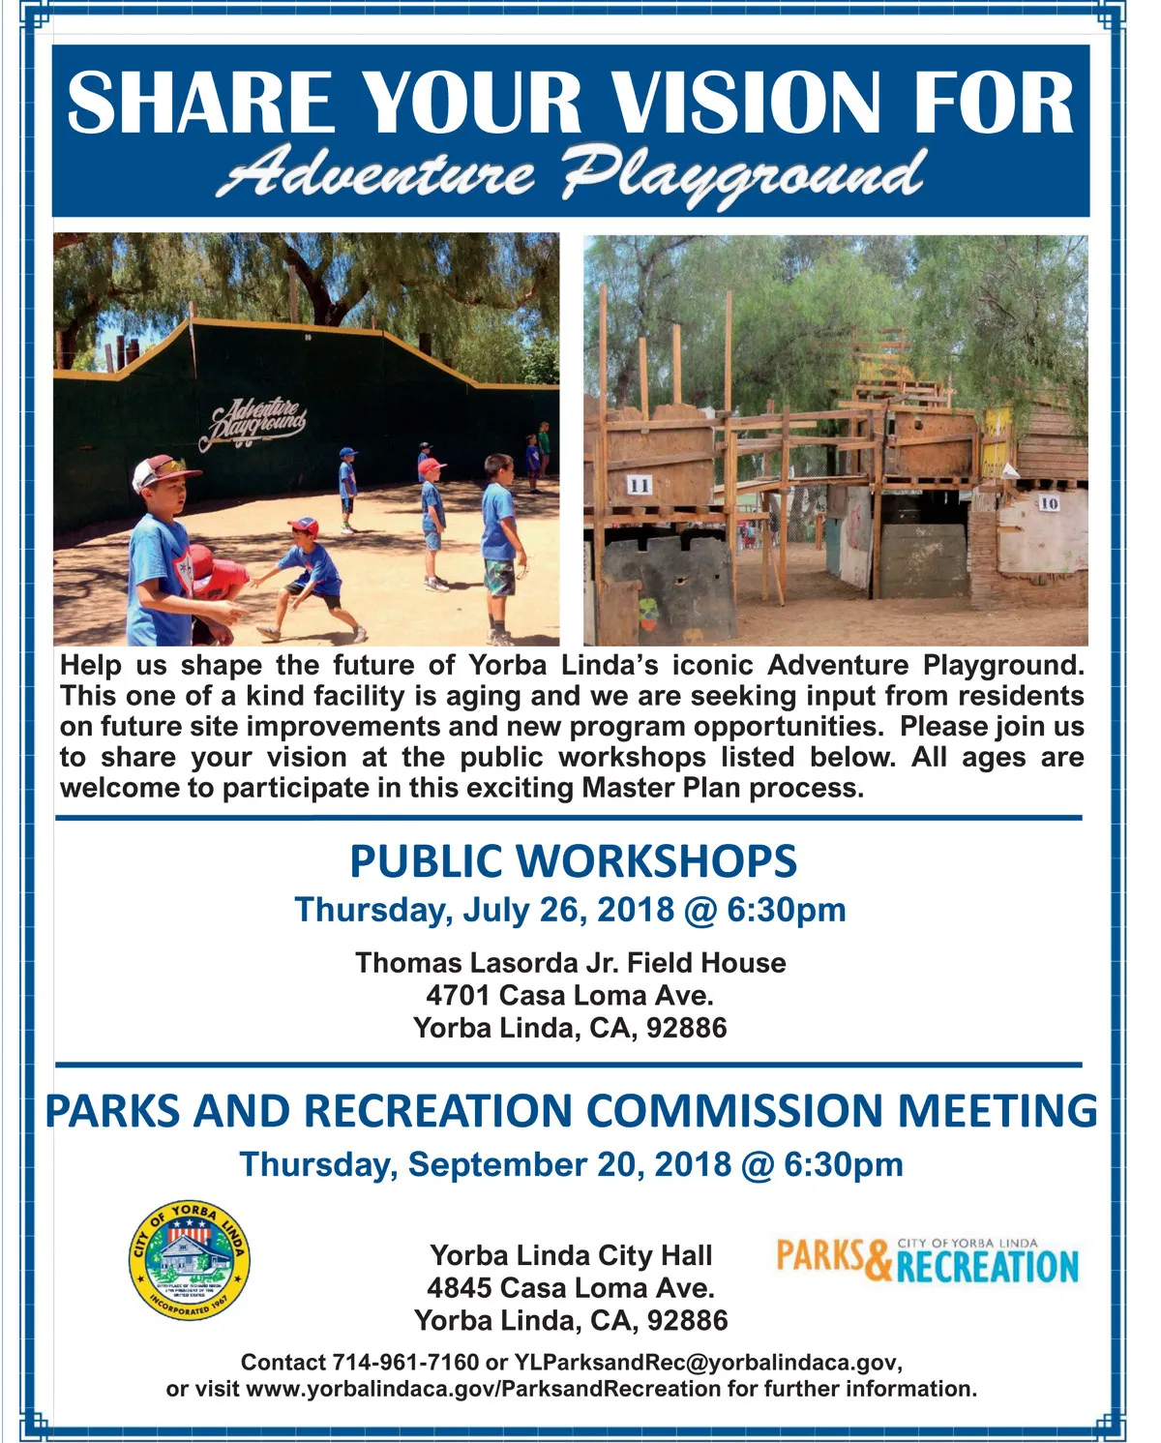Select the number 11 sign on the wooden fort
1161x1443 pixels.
[x=639, y=485]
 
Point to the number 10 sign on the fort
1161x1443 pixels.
[x=1049, y=503]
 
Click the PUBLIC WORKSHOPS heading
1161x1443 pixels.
[x=573, y=861]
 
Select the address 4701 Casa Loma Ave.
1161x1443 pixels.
[x=570, y=995]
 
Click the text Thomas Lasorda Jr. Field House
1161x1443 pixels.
[x=571, y=962]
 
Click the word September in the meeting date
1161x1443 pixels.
[x=497, y=1164]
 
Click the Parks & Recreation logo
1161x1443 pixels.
[x=928, y=1260]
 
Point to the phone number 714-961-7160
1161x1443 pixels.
[x=406, y=1363]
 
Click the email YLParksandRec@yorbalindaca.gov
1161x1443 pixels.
[x=705, y=1364]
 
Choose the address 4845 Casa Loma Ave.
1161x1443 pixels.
[x=571, y=1288]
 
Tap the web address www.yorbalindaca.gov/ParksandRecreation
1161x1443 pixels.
[x=483, y=1389]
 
